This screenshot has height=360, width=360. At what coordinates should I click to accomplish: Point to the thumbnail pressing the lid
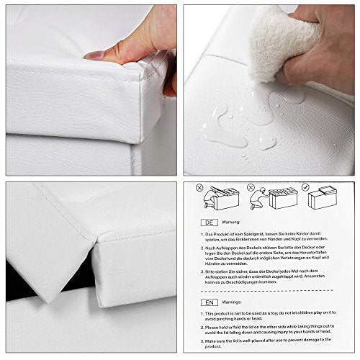click(x=94, y=55)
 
